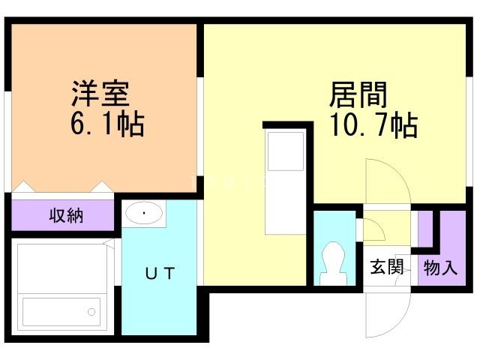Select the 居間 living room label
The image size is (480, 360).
tap(358, 94)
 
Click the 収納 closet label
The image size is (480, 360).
tap(66, 217)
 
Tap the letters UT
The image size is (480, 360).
tap(160, 274)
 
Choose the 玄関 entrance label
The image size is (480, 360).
tap(387, 266)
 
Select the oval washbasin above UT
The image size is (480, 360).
tap(145, 214)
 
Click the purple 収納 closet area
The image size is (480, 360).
tap(30, 216)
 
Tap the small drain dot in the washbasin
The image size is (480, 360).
tap(145, 213)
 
